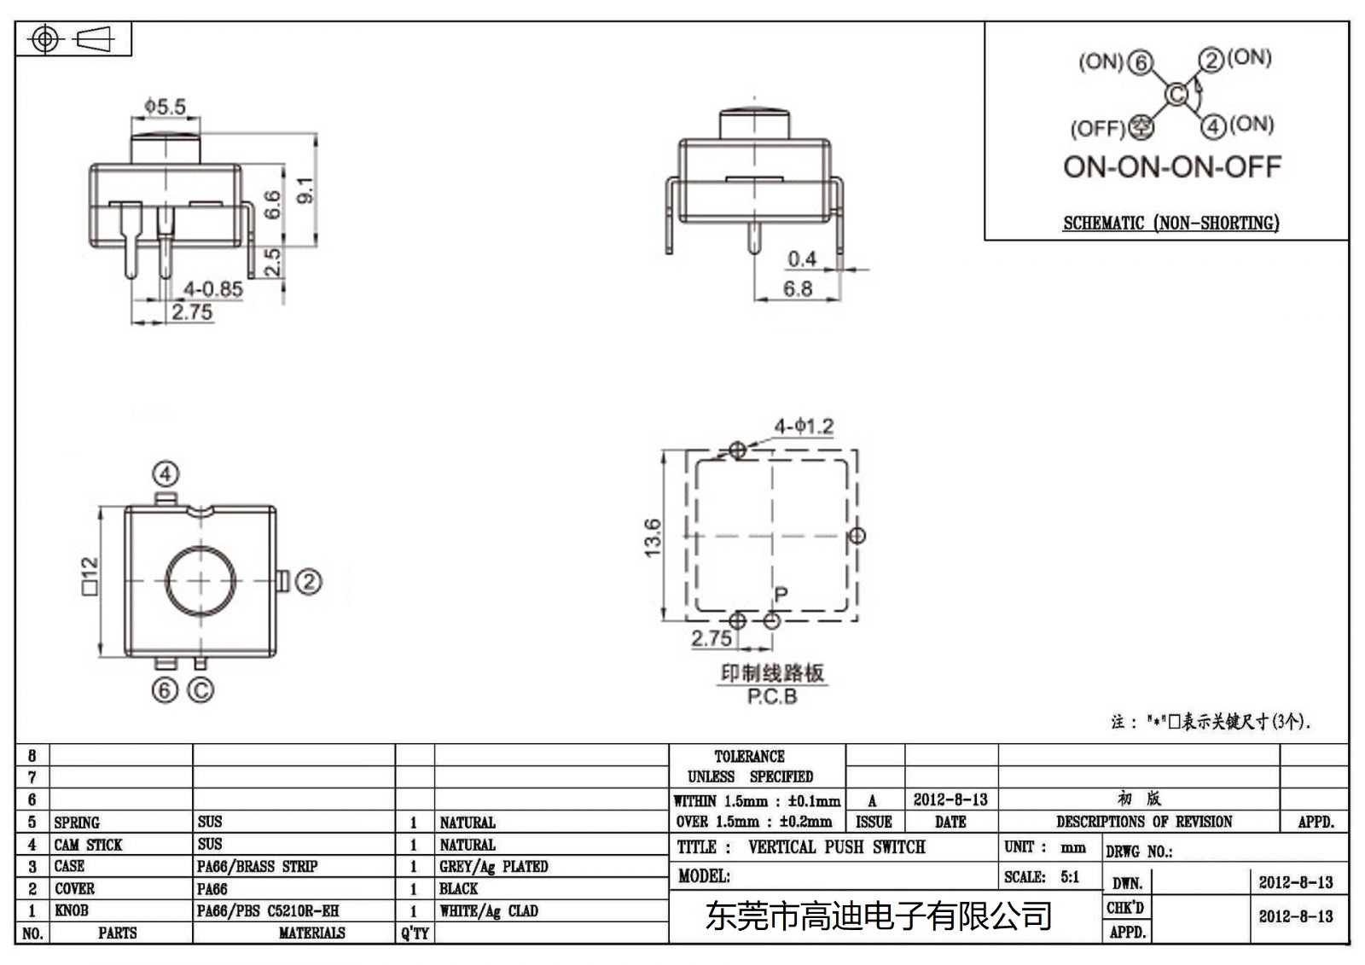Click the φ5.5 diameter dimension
coord(165,107)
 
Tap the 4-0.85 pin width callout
coord(213,288)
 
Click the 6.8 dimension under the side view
coord(798,289)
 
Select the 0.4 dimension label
coord(802,259)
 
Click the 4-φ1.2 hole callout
coord(804,426)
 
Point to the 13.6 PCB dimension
coord(653,538)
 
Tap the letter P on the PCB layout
coord(781,595)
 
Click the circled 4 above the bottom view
coord(166,474)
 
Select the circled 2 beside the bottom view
coord(308,582)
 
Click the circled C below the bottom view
coord(200,689)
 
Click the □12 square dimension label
coord(90,576)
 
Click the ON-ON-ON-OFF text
coord(1171,166)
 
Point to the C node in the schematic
coord(1176,94)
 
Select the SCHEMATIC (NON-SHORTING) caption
coord(1170,224)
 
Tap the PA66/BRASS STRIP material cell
coord(257,867)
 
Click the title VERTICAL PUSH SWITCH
coord(836,847)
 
